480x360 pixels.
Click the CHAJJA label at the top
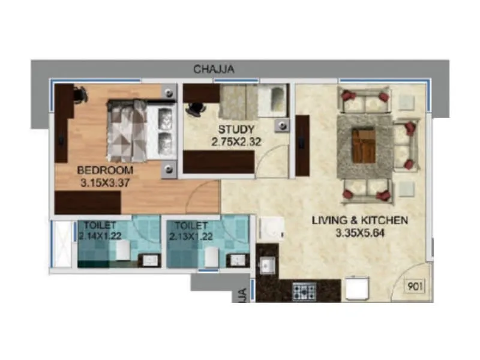pos(214,70)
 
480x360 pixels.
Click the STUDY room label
pos(236,130)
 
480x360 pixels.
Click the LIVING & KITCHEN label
pos(359,220)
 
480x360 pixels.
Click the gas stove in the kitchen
pos(304,292)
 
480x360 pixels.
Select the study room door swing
pos(270,162)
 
